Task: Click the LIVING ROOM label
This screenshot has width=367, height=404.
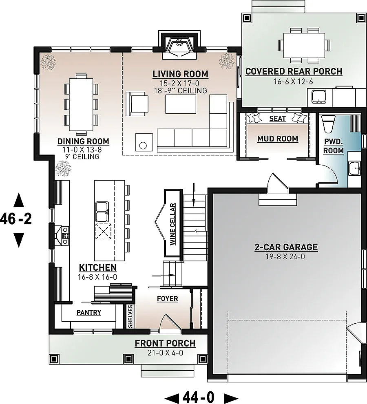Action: (180, 74)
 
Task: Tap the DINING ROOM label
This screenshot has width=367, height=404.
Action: (83, 141)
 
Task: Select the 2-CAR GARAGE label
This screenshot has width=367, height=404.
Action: (286, 247)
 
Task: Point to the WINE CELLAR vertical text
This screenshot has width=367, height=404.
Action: (172, 224)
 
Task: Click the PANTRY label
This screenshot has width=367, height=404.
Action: (89, 313)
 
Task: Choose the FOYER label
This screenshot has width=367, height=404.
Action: (168, 299)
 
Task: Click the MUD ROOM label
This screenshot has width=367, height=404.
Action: (278, 139)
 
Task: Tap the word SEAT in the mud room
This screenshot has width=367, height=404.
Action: (278, 119)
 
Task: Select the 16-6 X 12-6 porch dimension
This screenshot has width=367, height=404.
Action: (293, 82)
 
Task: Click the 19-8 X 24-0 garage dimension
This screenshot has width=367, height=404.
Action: (286, 257)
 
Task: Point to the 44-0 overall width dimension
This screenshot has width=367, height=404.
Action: (201, 396)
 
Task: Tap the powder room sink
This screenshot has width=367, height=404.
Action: (354, 168)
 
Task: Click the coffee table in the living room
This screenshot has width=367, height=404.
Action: (181, 104)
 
